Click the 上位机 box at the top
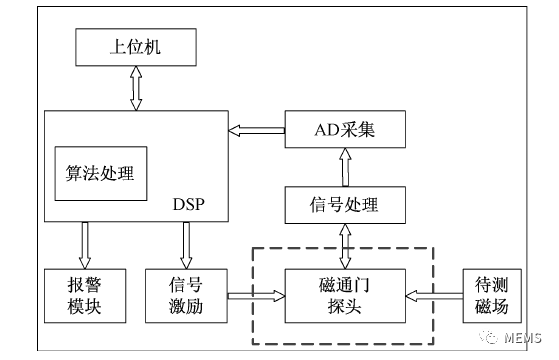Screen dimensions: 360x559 [133, 46]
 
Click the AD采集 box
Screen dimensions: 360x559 [346, 129]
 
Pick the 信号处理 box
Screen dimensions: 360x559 [346, 205]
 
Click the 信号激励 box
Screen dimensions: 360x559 [186, 296]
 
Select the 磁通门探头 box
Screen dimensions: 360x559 [346, 296]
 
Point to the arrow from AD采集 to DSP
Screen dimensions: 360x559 [258, 129]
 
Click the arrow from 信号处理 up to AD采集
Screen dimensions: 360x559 [346, 167]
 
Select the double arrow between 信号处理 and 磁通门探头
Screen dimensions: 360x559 [346, 246]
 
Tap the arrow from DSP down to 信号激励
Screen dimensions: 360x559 [186, 244]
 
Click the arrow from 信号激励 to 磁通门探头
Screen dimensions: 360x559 [256, 296]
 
